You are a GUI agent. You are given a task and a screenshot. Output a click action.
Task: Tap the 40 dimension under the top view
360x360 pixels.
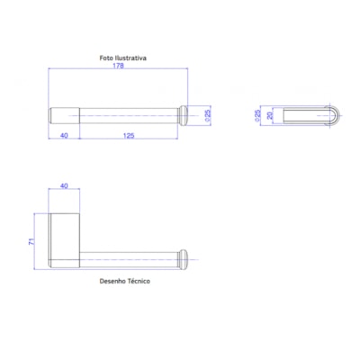[x=63, y=136]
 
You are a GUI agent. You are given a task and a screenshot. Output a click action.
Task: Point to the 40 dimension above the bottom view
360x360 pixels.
[x=63, y=185]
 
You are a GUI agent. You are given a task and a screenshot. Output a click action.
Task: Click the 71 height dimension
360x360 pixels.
[x=30, y=241]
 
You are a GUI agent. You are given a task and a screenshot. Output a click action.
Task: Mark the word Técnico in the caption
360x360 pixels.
[x=139, y=282]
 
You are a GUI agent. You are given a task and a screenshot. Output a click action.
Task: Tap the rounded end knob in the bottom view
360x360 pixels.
[x=184, y=259]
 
